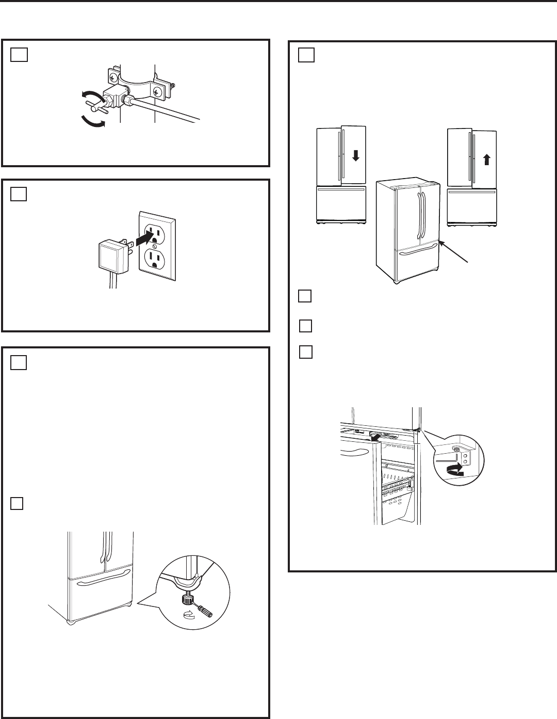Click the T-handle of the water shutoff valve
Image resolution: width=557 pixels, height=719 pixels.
click(x=97, y=105)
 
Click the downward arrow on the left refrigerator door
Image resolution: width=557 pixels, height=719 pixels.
click(x=355, y=155)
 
